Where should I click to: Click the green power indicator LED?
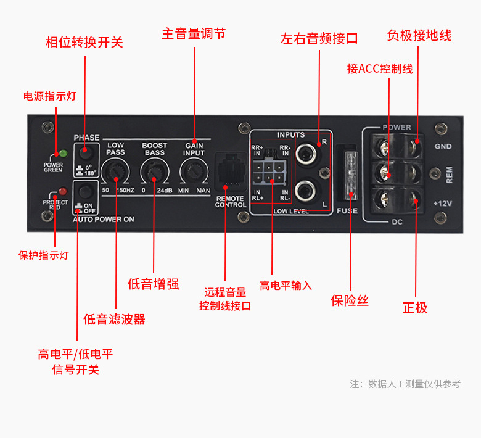(x=62, y=153)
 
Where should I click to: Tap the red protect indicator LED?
(x=62, y=191)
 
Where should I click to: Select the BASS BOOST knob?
(x=154, y=170)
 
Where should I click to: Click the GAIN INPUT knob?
(x=193, y=170)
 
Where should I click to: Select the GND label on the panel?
(x=443, y=147)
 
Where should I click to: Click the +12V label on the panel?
(x=443, y=203)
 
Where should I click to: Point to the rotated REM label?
(x=449, y=175)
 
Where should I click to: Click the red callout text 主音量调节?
(x=194, y=33)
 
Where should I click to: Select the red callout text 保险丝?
(x=350, y=300)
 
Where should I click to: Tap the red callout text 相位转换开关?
(x=84, y=42)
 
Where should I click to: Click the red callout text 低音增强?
(x=154, y=284)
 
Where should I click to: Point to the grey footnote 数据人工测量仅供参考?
(x=414, y=384)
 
